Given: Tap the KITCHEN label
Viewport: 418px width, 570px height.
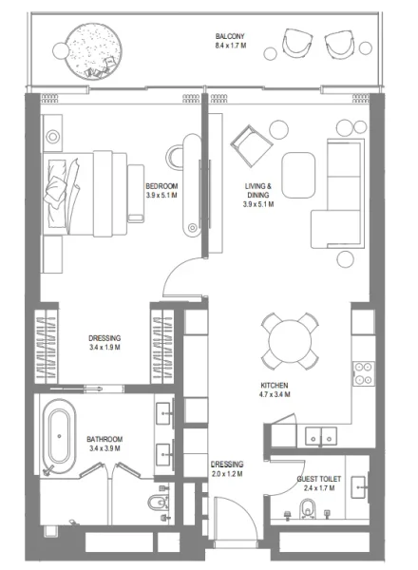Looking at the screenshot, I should tap(275, 385).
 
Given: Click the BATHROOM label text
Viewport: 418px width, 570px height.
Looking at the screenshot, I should tap(104, 440).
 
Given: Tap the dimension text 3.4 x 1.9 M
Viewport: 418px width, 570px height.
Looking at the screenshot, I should tap(104, 347).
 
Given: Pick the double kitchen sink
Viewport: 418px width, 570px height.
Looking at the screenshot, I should tap(318, 436).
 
